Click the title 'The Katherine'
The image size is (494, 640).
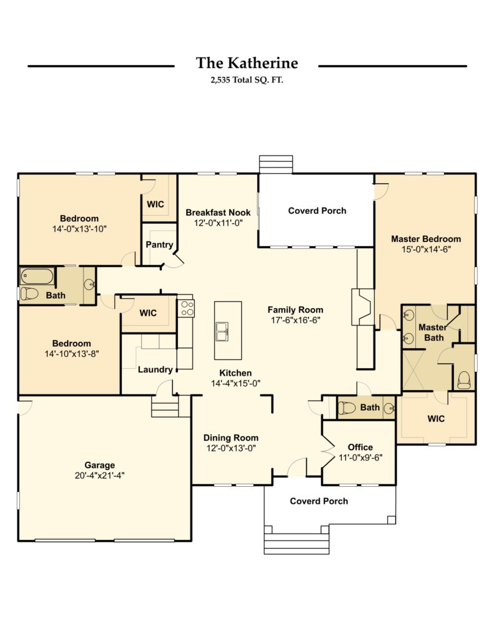coord(247,63)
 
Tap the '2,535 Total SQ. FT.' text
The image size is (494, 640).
coord(247,80)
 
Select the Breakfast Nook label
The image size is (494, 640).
coord(218,212)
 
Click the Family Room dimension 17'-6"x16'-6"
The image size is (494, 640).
coord(295,321)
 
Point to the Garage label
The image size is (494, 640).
coord(99,465)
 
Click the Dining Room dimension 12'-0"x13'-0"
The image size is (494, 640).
coord(231,448)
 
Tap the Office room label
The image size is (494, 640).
coord(360,447)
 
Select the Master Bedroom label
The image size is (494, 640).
coord(426,239)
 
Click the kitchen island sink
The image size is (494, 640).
coord(222,331)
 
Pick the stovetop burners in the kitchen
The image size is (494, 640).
coord(187,308)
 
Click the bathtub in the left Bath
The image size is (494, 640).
coord(37,276)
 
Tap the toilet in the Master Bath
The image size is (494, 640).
coord(464,381)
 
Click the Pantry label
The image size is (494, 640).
coord(159,244)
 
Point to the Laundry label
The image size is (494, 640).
coord(155,369)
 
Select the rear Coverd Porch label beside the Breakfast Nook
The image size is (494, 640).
coord(317,211)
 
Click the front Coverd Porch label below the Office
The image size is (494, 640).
coord(319,501)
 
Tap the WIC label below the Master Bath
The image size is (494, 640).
coord(436,418)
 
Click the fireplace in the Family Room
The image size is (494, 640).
coord(363,307)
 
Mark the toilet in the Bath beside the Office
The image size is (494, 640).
coord(347,407)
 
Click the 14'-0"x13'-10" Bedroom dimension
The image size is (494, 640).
coord(79,229)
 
